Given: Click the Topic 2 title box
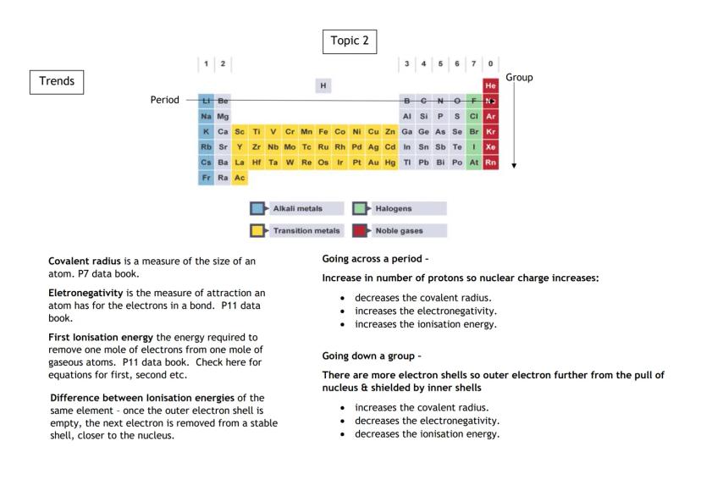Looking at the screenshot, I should (x=350, y=41).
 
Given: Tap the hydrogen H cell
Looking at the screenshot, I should (x=323, y=85).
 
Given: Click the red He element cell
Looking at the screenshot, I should (x=490, y=85).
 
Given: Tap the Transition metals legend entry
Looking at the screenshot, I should (x=295, y=230).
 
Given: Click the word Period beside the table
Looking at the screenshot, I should (x=164, y=100).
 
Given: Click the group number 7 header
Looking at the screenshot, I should (x=474, y=63).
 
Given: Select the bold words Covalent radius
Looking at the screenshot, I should (x=80, y=261).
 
